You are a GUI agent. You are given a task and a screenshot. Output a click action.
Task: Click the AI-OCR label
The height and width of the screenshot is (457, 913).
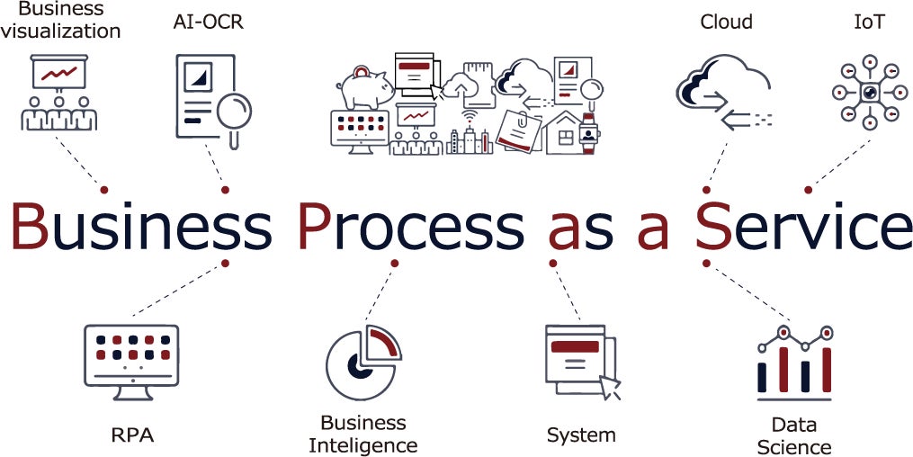208,22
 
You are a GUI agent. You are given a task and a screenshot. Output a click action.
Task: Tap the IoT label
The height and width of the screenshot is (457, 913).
868,22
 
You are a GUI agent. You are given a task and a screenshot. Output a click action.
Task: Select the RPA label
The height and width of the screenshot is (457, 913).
132,436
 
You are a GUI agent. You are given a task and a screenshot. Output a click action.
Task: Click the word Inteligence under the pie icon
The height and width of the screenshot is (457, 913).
363,444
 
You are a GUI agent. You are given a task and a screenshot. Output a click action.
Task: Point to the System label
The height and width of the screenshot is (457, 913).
581,435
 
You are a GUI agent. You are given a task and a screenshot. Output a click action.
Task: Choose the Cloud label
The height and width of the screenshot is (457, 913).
726,22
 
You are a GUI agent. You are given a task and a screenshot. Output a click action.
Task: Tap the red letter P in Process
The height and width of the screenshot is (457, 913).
316,226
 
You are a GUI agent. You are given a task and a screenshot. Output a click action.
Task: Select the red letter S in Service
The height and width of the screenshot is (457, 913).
712,226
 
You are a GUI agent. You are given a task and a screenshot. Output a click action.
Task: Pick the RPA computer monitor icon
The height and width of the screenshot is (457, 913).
131,360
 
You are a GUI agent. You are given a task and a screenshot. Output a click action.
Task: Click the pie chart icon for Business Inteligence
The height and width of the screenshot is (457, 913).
362,363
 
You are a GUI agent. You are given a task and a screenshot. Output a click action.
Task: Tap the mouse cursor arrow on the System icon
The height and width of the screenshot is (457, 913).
611,387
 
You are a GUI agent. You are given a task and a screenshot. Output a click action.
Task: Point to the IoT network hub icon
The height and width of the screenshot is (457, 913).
868,92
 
